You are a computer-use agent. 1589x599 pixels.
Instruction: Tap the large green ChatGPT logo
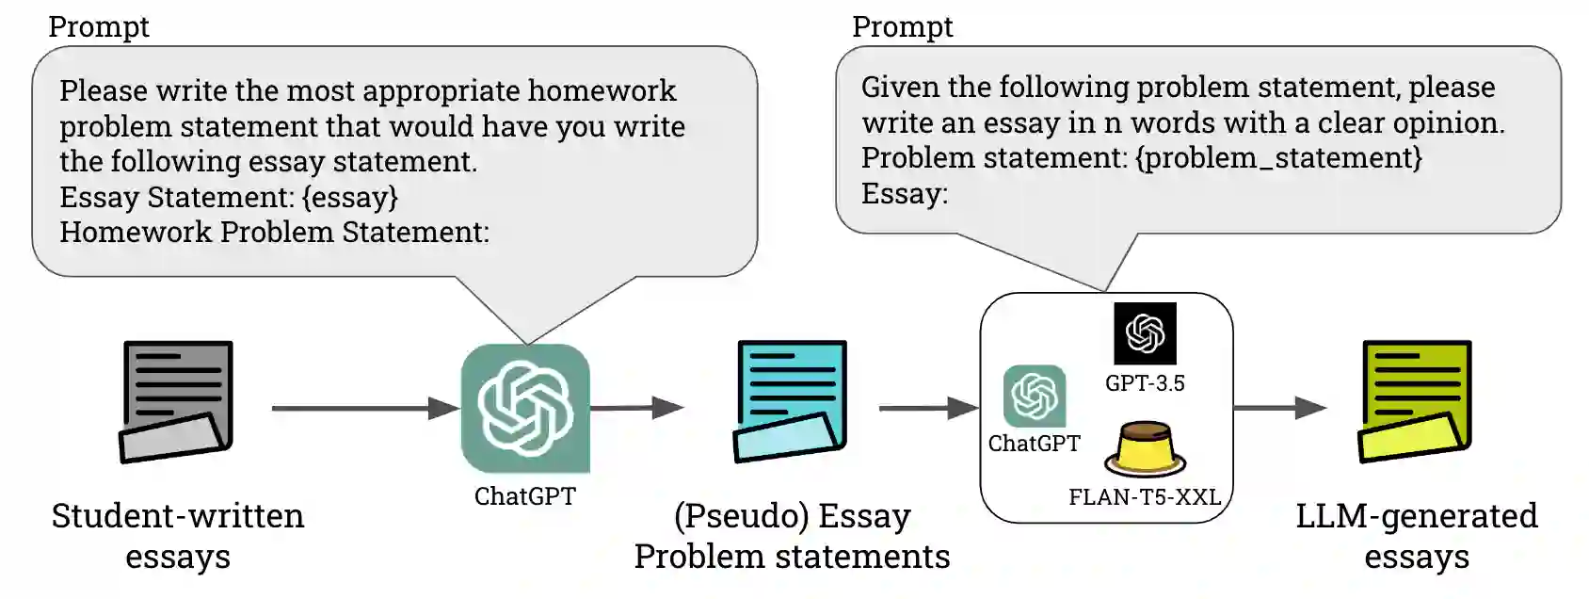pyautogui.click(x=525, y=408)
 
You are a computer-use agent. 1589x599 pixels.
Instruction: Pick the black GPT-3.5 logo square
pyautogui.click(x=1145, y=333)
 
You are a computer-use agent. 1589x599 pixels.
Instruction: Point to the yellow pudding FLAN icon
pyautogui.click(x=1145, y=451)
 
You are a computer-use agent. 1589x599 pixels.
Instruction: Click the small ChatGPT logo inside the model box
pyautogui.click(x=1035, y=397)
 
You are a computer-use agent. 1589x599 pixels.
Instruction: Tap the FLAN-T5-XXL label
pyautogui.click(x=1145, y=496)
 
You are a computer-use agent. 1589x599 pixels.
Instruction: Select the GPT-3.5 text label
pyautogui.click(x=1145, y=383)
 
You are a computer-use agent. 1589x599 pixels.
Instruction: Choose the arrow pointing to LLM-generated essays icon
pyautogui.click(x=1280, y=408)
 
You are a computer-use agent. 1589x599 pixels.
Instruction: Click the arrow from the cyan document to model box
pyautogui.click(x=928, y=408)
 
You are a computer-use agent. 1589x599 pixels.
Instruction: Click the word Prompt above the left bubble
pyautogui.click(x=99, y=26)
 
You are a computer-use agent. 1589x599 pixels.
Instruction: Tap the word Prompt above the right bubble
pyautogui.click(x=903, y=26)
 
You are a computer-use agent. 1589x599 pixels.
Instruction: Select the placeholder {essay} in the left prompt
pyautogui.click(x=349, y=197)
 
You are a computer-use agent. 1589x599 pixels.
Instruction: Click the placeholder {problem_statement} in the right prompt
pyautogui.click(x=1279, y=157)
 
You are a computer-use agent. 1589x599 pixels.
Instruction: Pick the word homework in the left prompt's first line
pyautogui.click(x=602, y=90)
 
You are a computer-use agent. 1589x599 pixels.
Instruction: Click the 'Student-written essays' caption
pyautogui.click(x=178, y=535)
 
